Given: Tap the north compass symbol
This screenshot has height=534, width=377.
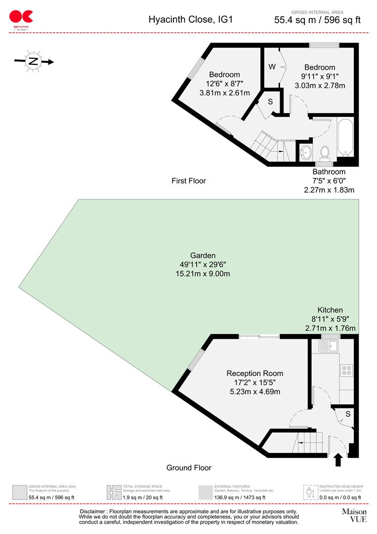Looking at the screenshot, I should click(33, 62).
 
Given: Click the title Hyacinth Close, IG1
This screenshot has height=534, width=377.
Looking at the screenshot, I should click(190, 20).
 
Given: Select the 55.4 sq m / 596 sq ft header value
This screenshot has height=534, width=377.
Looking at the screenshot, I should click(317, 20).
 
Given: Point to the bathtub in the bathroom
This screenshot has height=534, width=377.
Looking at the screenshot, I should click(344, 137).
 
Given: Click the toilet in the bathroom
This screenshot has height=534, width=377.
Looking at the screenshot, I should click(325, 153).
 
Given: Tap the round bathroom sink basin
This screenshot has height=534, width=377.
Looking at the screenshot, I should click(306, 152).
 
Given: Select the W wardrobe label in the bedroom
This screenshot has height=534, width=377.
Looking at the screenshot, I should click(272, 67).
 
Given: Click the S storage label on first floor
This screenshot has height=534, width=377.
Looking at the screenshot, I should click(270, 102).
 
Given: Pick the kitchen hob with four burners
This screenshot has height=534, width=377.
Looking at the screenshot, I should click(347, 369).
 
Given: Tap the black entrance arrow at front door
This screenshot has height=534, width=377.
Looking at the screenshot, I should click(338, 460).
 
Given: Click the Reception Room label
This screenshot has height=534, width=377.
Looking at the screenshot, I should click(254, 373).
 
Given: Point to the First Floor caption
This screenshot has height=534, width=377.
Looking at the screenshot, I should click(189, 181).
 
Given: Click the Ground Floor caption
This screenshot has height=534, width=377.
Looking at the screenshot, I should click(189, 468).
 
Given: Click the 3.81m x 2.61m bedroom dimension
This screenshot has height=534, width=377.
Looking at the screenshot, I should click(224, 93).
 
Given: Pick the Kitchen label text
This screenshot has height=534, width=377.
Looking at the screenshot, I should click(330, 310).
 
